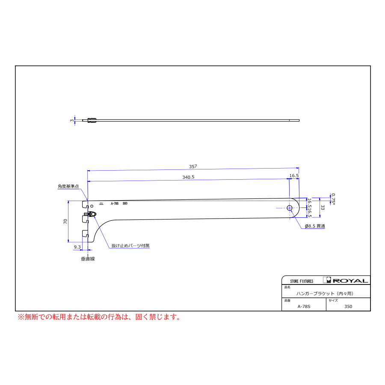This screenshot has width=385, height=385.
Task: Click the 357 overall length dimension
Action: (193, 166)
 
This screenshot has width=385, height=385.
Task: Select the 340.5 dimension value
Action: (188, 177)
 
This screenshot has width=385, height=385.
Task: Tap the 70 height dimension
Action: (65, 221)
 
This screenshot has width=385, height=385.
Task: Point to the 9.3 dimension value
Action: (77, 247)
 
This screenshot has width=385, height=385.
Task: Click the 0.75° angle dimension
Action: (333, 199)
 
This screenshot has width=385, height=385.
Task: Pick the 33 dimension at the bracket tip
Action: (323, 207)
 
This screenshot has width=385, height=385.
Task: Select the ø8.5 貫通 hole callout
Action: (315, 226)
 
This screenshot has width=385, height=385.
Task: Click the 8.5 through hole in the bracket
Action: (290, 208)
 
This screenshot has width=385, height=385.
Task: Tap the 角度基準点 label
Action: (68, 187)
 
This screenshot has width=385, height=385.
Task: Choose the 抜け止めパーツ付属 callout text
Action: (130, 246)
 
